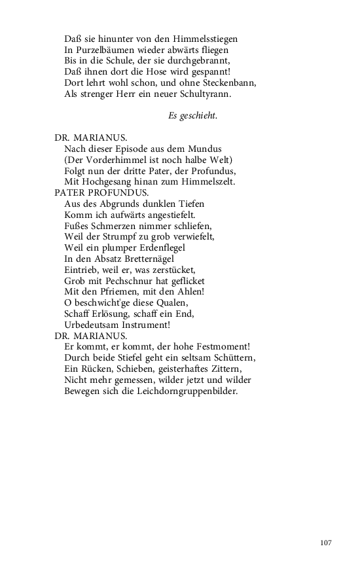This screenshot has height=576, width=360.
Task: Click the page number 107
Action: point(327,543)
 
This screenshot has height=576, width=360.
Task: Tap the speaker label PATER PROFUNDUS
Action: point(101,193)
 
